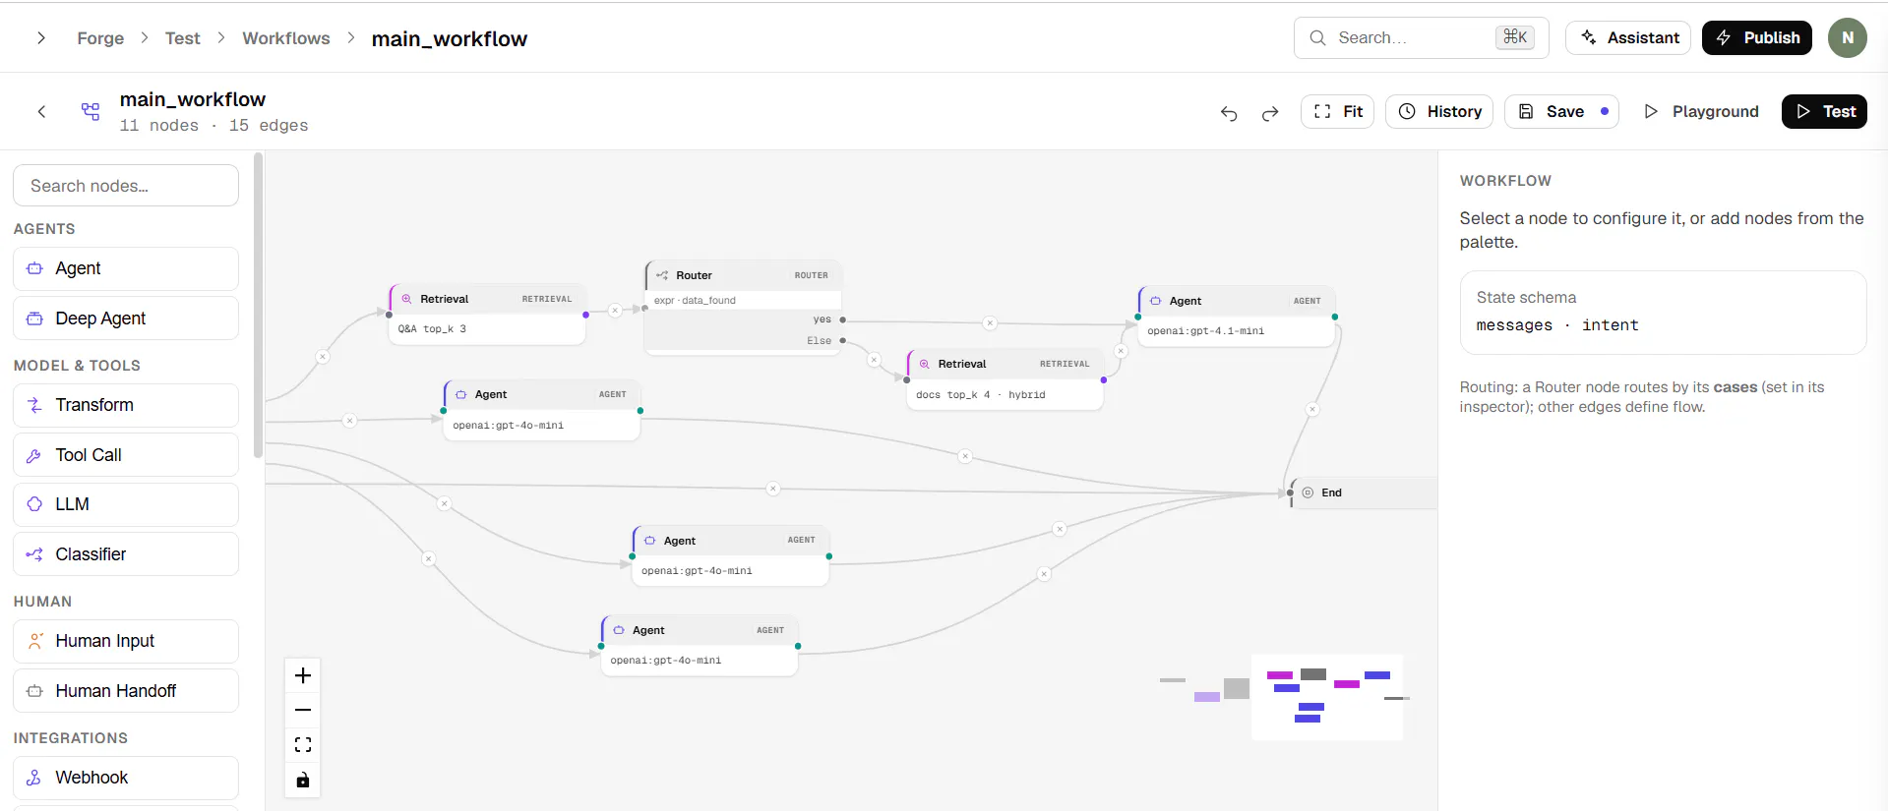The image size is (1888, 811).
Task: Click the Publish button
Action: tap(1756, 37)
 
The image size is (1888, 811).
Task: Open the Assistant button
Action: tap(1628, 37)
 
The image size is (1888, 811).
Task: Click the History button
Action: tap(1439, 111)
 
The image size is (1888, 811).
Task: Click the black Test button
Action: tap(1824, 111)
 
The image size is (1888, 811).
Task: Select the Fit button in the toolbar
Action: tap(1337, 111)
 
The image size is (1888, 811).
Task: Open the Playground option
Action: tap(1701, 111)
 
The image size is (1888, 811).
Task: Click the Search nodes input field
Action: tap(126, 186)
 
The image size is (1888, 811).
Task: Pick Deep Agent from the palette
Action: tap(126, 319)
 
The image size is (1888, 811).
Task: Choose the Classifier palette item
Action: tap(126, 554)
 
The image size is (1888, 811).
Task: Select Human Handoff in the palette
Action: tap(126, 691)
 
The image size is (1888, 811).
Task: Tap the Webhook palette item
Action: tap(126, 778)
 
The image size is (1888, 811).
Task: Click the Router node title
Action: tap(694, 275)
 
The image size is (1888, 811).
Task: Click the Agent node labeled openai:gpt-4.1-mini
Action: tap(1237, 316)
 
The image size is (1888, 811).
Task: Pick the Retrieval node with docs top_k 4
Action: tap(1005, 379)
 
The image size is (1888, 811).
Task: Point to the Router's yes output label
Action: tap(822, 319)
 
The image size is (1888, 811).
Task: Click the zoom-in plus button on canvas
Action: tap(303, 675)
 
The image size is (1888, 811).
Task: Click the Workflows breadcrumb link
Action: tap(286, 38)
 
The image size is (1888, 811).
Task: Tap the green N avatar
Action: tap(1848, 37)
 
